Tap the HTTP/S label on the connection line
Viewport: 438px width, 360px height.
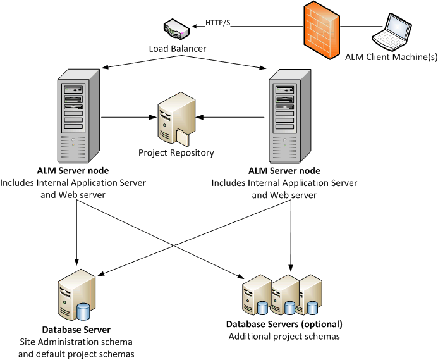click(x=219, y=23)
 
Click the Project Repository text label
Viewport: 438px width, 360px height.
click(x=176, y=152)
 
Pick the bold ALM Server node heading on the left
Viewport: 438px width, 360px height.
click(x=73, y=171)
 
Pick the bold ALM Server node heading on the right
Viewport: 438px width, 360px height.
click(x=284, y=171)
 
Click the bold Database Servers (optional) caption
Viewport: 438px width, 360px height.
click(x=284, y=325)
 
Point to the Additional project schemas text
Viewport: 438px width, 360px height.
click(x=284, y=337)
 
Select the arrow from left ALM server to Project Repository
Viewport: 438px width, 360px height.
click(x=130, y=116)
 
